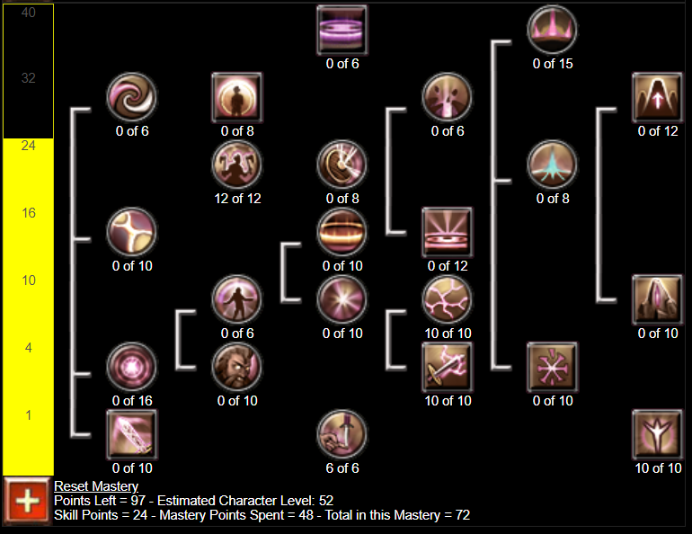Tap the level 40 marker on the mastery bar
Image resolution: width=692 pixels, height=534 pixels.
29,13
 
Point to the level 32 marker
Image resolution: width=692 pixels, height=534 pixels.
29,78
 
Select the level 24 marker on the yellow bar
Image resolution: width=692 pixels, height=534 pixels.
29,145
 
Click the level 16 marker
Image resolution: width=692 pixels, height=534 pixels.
29,213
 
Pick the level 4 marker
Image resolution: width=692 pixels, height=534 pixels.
29,348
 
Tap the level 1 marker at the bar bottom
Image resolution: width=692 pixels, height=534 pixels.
29,415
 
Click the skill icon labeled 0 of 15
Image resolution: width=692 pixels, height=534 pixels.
553,30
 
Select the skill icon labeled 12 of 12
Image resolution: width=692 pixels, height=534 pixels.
237,165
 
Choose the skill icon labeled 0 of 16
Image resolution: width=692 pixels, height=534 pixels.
131,367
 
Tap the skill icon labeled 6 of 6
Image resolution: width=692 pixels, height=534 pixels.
342,434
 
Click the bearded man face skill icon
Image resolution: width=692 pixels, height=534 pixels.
237,367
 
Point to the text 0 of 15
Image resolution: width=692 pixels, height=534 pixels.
553,64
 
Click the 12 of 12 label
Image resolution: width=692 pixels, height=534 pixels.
237,199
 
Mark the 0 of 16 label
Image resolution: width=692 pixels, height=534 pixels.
131,401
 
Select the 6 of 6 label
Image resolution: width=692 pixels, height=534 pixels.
342,468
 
